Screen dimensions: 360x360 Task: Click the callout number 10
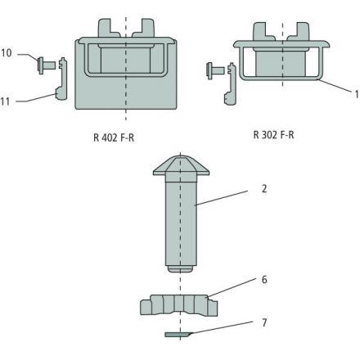(7, 53)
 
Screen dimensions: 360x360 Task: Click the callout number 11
(6, 101)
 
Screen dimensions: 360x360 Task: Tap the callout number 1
(357, 94)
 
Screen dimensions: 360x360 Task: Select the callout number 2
(264, 189)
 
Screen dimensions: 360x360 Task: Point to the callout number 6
(264, 280)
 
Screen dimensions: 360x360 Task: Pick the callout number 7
(264, 322)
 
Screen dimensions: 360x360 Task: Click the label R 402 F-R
(114, 137)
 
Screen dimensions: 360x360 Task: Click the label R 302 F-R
(273, 135)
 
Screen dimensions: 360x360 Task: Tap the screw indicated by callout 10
(47, 65)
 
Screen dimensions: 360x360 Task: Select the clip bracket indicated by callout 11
(62, 79)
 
